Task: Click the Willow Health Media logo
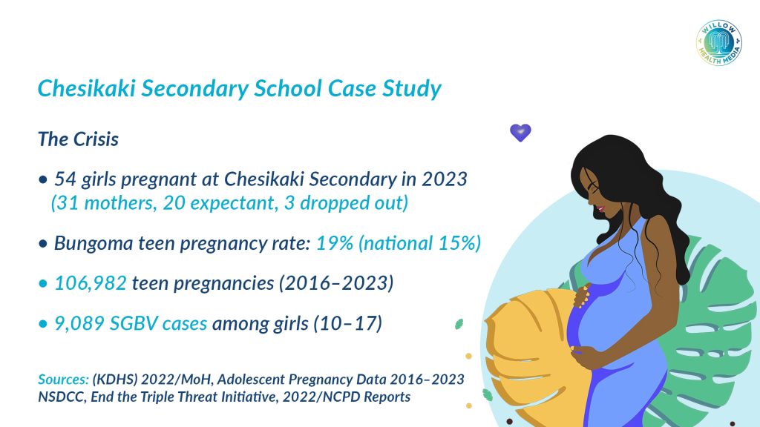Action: (x=718, y=43)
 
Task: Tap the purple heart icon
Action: (x=520, y=132)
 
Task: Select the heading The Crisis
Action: (x=78, y=139)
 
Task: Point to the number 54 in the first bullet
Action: (x=65, y=179)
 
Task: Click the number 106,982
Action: (x=90, y=283)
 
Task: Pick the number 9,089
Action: (x=79, y=323)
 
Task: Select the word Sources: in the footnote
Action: (x=64, y=379)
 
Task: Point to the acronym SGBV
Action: (x=134, y=323)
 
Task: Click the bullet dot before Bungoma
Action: (x=43, y=243)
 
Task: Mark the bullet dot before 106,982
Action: (x=43, y=283)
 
